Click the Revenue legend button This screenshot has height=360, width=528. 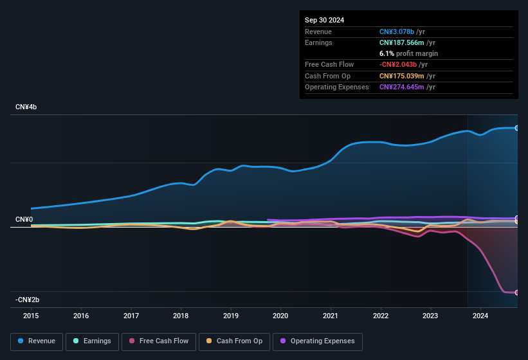37,341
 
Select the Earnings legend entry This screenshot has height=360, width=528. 91,341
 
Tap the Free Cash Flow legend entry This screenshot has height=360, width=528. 158,341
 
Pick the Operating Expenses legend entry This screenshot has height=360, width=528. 318,341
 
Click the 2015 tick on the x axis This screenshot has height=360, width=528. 31,316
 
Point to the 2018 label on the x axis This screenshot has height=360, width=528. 181,316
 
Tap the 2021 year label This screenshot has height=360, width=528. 331,316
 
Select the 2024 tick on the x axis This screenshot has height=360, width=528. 480,316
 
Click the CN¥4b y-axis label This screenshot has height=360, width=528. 26,107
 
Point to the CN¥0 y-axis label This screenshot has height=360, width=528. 24,220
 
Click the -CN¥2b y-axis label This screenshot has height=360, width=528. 27,300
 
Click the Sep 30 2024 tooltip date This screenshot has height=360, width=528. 324,20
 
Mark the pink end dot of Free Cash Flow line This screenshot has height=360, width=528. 517,292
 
